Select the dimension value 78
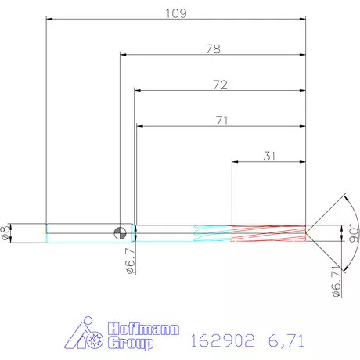213,49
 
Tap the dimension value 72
220,84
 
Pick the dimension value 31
269,155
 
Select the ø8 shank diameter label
6,232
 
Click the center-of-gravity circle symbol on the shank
120,232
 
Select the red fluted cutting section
268,232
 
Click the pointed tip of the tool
311,232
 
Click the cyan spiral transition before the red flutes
211,232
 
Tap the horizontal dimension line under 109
175,20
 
